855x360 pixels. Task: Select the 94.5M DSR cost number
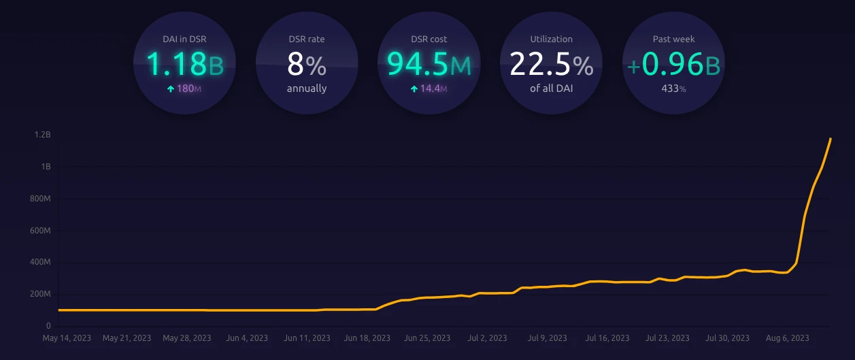(x=429, y=64)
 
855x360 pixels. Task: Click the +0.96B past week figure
(x=673, y=64)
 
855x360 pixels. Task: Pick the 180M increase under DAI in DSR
(x=185, y=88)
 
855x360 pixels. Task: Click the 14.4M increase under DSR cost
(x=429, y=88)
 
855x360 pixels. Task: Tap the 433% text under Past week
(x=673, y=88)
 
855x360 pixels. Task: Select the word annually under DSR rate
(x=307, y=88)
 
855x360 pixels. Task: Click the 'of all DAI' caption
(x=551, y=88)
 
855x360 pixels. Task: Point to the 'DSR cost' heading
(x=429, y=39)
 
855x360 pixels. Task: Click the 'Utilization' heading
(x=551, y=39)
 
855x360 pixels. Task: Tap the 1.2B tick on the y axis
(x=43, y=135)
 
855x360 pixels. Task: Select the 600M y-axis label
(x=41, y=231)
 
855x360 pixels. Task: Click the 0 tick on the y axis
(x=48, y=326)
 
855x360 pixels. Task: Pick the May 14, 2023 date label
(x=67, y=338)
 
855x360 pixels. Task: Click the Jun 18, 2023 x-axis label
(x=367, y=338)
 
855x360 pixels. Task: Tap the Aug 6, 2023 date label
(x=788, y=338)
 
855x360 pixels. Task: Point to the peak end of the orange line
(x=831, y=139)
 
